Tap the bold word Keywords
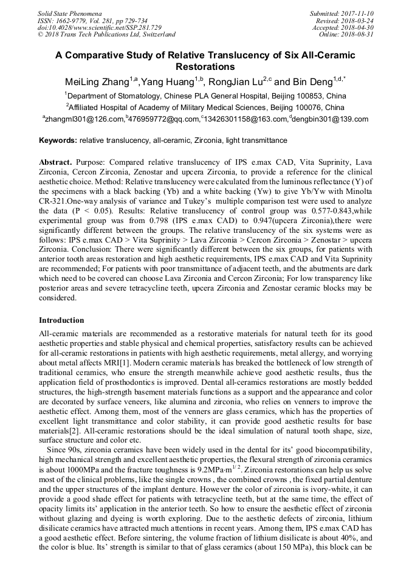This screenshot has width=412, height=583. point(58,140)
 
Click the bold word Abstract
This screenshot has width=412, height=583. point(55,164)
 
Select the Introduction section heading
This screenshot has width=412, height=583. point(61,320)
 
